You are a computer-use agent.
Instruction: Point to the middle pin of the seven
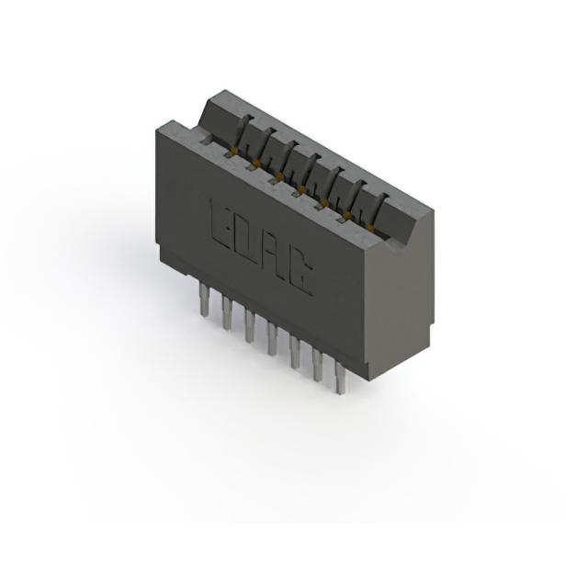pyautogui.click(x=273, y=338)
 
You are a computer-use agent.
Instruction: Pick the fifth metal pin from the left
pyautogui.click(x=296, y=351)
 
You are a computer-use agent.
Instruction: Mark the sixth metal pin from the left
pyautogui.click(x=319, y=364)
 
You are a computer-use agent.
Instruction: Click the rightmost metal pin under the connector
pyautogui.click(x=341, y=377)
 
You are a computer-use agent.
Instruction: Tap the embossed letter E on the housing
pyautogui.click(x=221, y=221)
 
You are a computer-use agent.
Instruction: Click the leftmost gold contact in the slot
pyautogui.click(x=235, y=150)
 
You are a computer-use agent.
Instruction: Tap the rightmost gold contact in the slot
pyautogui.click(x=371, y=224)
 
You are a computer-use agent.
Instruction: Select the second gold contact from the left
pyautogui.click(x=257, y=164)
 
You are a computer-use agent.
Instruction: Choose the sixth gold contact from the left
pyautogui.click(x=348, y=213)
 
